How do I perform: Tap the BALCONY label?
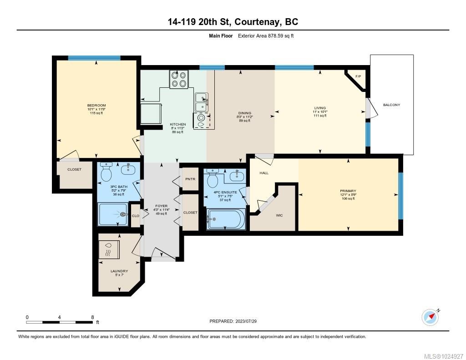[391, 105]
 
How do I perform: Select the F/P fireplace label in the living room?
[358, 76]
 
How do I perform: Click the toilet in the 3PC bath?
[106, 173]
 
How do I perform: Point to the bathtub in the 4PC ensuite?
[225, 220]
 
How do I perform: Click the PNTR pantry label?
[190, 179]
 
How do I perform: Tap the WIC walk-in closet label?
[279, 215]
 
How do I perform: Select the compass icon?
[430, 317]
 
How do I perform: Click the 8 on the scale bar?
[92, 317]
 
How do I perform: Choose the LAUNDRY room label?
[119, 271]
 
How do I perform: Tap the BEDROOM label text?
[96, 106]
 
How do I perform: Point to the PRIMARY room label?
[348, 191]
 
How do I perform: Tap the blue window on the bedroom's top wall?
[94, 58]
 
